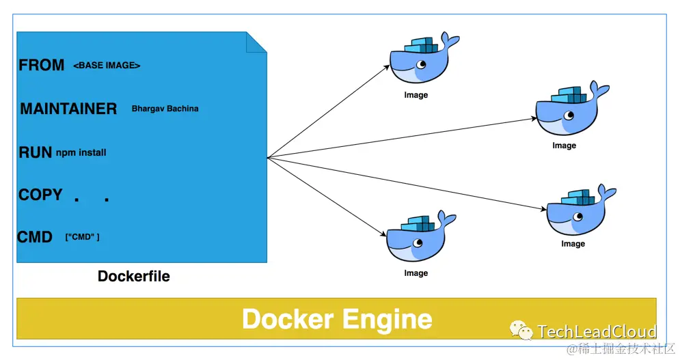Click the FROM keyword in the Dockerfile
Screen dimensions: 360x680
click(41, 66)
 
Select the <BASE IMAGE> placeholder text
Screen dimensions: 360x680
click(107, 66)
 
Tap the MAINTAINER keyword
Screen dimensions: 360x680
click(68, 109)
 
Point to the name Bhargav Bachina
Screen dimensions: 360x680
click(165, 109)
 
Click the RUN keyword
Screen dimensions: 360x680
click(36, 152)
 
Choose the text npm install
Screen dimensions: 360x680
click(81, 152)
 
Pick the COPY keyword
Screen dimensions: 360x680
click(40, 195)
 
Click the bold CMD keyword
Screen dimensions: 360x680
click(35, 237)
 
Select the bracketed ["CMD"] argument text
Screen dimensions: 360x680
click(82, 237)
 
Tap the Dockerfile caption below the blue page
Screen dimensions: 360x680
click(134, 276)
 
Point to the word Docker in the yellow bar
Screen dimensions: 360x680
click(288, 319)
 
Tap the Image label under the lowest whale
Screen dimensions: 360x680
click(416, 273)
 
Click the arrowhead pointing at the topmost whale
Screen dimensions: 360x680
click(387, 67)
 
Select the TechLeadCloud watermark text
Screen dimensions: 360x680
click(597, 332)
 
